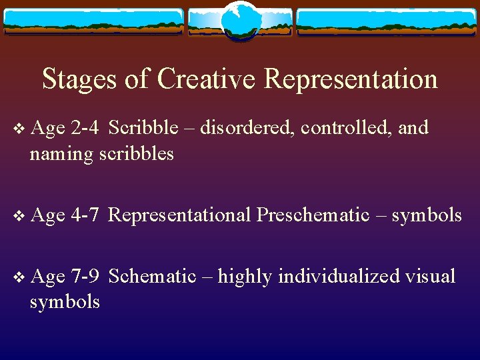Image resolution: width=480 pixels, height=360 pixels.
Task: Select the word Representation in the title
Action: coord(351,79)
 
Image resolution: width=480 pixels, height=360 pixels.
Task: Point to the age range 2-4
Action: coord(85,127)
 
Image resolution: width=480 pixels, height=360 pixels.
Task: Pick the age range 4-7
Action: coord(85,215)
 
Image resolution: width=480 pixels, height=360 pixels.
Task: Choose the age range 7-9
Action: coord(85,275)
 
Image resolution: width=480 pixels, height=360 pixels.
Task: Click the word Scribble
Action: coord(143,127)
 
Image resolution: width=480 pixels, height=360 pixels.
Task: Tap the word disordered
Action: coord(247,127)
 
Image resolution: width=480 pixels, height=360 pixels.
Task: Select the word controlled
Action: coord(345,127)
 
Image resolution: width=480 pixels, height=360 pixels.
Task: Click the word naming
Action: coord(61,154)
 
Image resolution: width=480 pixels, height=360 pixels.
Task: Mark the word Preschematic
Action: coord(313,215)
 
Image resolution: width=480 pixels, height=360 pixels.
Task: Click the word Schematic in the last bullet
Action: coord(151,275)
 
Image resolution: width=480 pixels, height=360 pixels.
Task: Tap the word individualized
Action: coord(339,275)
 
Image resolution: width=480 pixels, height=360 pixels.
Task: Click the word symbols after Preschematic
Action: coord(427,215)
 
